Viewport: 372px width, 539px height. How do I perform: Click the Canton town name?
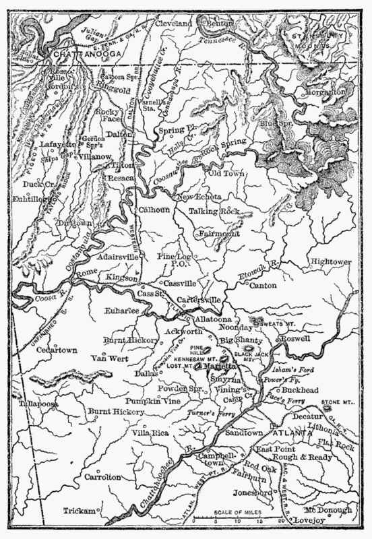(x=263, y=286)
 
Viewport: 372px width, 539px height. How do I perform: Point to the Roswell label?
(x=291, y=341)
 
